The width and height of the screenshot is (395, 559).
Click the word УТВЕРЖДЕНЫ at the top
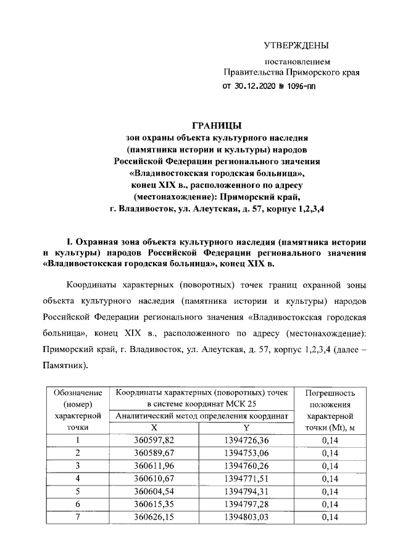coord(296,45)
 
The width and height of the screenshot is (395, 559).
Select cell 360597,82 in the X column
coord(155,440)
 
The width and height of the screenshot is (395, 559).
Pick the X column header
coord(155,428)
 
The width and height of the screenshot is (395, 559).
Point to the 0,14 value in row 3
coord(334,466)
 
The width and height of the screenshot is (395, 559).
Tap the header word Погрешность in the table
coord(334,393)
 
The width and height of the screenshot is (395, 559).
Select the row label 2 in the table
coord(77,453)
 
